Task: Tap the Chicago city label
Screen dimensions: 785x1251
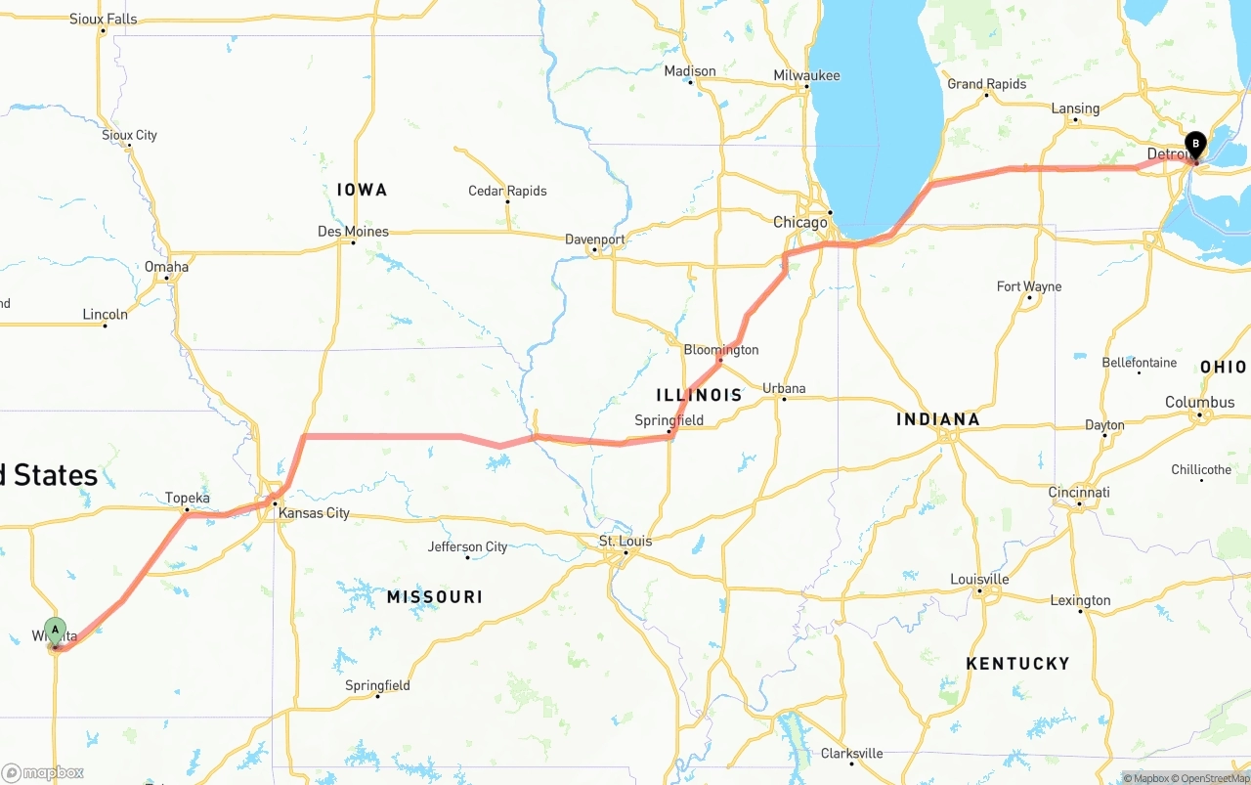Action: point(799,222)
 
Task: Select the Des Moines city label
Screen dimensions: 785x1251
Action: point(353,232)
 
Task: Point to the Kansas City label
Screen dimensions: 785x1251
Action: point(314,513)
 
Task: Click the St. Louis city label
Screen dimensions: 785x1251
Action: point(625,541)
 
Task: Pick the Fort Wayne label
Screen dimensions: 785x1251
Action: point(1028,286)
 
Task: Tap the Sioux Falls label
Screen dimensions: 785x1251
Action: point(103,19)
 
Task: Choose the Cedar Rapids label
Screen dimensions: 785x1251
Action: point(507,191)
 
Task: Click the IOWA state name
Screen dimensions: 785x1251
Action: point(362,190)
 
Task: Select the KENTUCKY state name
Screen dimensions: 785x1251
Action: point(1017,664)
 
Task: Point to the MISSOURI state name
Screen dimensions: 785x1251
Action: point(434,596)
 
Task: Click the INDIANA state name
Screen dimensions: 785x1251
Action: point(937,419)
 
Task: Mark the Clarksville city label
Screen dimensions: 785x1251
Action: point(851,753)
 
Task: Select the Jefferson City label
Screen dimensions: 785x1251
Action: point(467,546)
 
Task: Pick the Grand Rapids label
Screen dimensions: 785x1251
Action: point(986,84)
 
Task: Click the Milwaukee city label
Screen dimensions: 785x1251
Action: point(806,75)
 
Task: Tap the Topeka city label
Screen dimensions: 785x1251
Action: point(187,498)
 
